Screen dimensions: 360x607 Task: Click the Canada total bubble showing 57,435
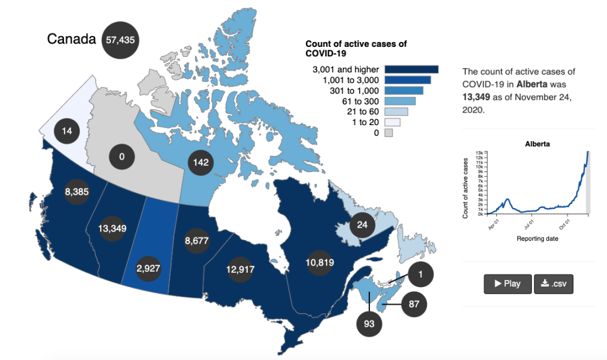coord(122,40)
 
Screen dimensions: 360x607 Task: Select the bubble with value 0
coord(122,157)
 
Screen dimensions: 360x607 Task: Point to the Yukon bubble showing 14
coord(67,130)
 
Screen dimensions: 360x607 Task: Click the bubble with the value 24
coord(362,225)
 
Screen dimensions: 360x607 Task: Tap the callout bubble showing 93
coord(369,324)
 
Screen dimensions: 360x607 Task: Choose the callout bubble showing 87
coord(414,305)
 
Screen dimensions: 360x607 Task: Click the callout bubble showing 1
coord(421,275)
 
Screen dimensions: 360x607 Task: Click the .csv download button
coord(554,283)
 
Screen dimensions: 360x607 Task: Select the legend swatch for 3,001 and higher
coord(411,69)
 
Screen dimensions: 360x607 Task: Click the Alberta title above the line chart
coord(538,144)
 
